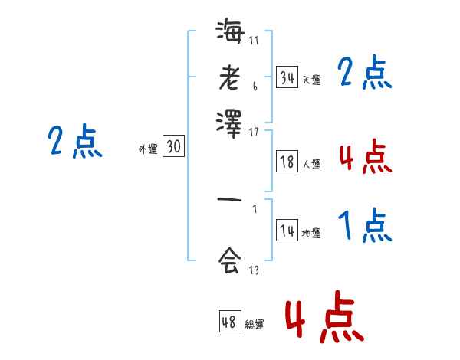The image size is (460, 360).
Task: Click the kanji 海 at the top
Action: point(230,33)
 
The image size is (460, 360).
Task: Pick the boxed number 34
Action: point(287,77)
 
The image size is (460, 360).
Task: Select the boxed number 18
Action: point(287,162)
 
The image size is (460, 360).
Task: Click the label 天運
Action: point(311,80)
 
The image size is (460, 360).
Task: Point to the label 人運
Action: point(311,164)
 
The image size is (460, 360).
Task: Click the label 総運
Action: point(254,325)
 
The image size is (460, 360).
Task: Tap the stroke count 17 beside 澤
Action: point(254,132)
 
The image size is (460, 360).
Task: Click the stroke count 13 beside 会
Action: point(254,270)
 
